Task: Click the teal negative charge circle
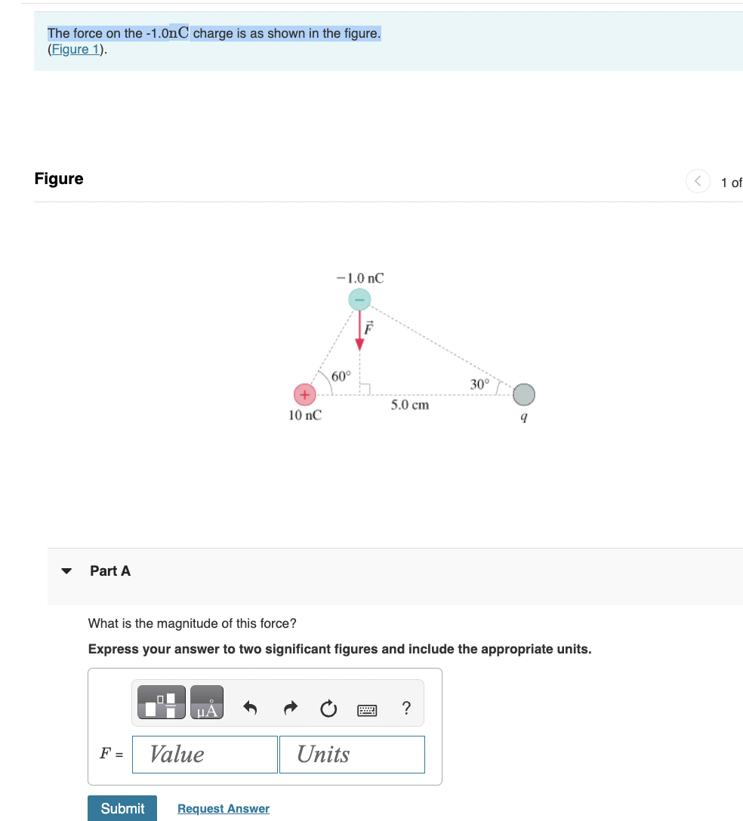359,300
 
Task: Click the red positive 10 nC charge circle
304,395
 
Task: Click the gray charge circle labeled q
523,395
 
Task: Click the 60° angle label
341,375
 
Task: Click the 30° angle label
480,383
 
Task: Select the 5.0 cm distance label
409,405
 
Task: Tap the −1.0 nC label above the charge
360,278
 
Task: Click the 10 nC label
305,415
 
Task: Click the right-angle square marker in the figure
364,389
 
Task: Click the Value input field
205,754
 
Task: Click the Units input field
352,754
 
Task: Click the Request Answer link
224,808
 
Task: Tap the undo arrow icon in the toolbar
251,708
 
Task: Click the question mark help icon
406,708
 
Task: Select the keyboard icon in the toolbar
367,709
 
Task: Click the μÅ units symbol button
207,703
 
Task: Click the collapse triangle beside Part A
67,571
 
